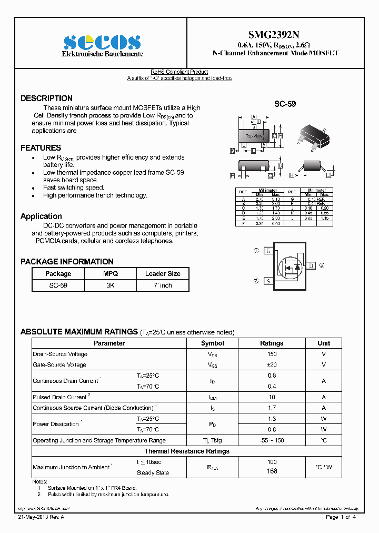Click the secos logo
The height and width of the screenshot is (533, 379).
pos(102,42)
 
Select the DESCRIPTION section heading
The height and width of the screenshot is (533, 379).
pos(46,98)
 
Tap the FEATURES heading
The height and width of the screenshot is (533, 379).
pos(41,148)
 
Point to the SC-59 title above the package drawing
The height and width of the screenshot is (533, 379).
pos(285,105)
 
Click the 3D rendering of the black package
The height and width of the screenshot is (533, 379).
pos(314,136)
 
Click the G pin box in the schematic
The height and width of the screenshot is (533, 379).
pos(268,251)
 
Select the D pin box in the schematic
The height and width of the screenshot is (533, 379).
pos(311,266)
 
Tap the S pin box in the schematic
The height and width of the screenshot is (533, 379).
pos(268,281)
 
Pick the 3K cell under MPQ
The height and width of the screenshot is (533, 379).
pos(111,285)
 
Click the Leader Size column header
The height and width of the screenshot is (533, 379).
pos(163,274)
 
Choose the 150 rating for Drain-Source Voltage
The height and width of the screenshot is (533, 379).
pos(272,354)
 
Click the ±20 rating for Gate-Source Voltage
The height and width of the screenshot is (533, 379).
pos(272,365)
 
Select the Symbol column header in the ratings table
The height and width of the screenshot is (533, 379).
pos(213,343)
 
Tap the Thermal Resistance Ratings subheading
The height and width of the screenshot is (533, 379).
pos(187,451)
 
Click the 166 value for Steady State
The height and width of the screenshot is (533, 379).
pos(272,471)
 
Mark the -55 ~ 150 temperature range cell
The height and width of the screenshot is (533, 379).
pos(272,440)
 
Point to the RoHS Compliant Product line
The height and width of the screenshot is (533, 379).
pos(179,72)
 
